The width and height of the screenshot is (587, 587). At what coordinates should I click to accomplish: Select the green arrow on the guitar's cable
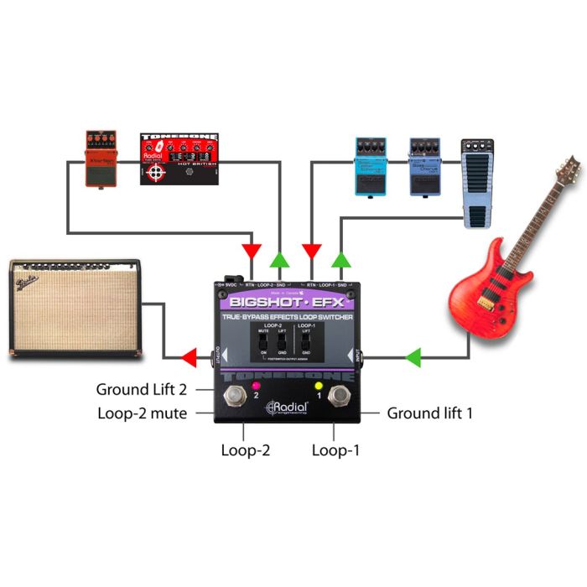[x=413, y=359]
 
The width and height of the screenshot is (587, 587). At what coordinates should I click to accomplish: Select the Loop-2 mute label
[x=143, y=413]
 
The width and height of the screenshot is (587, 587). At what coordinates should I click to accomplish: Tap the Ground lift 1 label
[x=429, y=413]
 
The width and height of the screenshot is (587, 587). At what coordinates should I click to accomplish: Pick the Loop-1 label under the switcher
[x=335, y=450]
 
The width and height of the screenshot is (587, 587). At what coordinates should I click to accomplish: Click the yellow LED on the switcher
[x=319, y=387]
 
